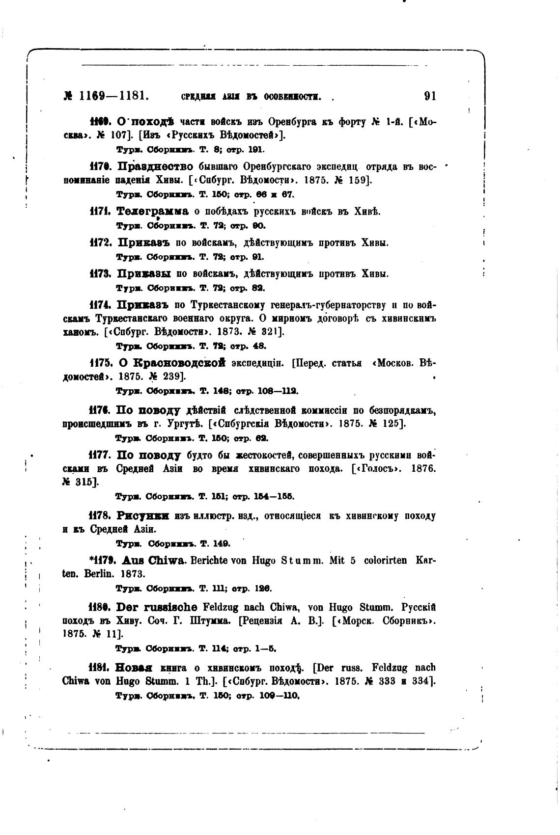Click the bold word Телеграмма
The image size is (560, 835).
[153, 212]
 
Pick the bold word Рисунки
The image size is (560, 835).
[143, 516]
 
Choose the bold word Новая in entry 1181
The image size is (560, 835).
[134, 668]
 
